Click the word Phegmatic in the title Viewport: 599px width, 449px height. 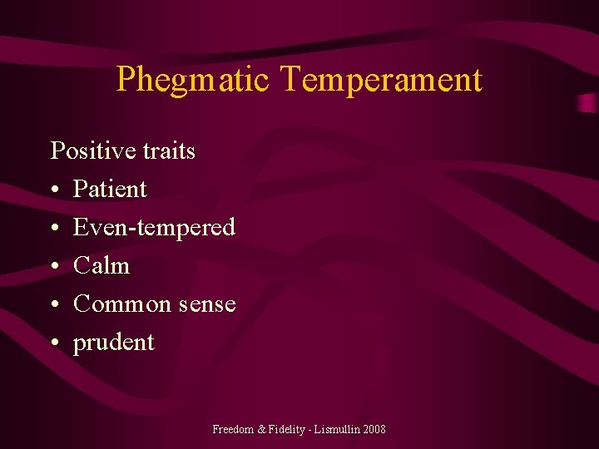(x=192, y=80)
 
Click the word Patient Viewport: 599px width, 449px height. (x=110, y=190)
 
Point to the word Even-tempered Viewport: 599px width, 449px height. (x=154, y=227)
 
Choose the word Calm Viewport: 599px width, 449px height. (x=101, y=266)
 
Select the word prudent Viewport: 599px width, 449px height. (x=113, y=343)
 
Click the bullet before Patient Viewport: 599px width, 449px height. (x=55, y=190)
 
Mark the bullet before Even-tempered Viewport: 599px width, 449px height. (x=55, y=229)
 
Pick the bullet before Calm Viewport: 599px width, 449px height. (x=55, y=267)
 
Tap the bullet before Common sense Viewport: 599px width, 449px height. (x=55, y=305)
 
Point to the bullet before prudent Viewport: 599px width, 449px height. (x=55, y=343)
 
